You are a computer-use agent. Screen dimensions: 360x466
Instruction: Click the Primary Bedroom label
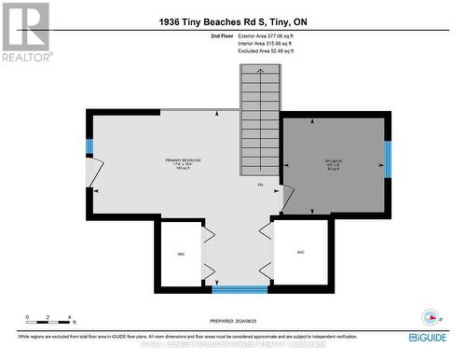point(156,163)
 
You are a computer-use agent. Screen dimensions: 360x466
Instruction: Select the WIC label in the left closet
point(182,254)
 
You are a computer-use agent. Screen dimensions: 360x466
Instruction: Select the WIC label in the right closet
point(300,253)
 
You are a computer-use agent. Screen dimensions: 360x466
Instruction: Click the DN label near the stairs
point(261,184)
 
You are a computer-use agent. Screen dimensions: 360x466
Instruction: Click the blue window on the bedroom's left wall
point(89,146)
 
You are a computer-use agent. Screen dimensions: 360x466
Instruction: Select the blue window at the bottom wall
point(240,289)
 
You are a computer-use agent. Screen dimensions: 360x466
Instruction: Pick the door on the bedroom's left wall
point(94,173)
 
